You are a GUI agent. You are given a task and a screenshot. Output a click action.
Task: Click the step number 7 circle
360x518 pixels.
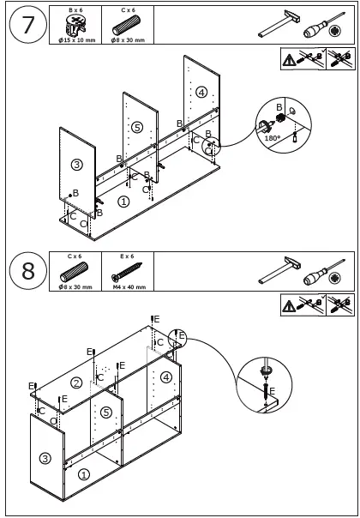tap(27, 25)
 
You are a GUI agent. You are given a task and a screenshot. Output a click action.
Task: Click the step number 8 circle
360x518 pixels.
tap(27, 271)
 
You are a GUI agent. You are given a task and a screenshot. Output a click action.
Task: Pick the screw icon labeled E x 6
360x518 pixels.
tap(127, 272)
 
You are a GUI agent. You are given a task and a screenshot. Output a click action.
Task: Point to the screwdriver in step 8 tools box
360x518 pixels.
tap(324, 274)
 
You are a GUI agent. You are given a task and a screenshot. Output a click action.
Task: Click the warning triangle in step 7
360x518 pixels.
tap(289, 60)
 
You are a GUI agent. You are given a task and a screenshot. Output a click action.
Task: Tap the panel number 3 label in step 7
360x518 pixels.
tap(76, 164)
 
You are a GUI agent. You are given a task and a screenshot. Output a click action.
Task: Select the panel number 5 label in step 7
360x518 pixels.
tap(137, 127)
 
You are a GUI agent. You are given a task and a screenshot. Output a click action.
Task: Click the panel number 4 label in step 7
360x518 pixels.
tap(201, 92)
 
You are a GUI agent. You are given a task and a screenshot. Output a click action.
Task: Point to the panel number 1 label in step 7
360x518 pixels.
tap(123, 202)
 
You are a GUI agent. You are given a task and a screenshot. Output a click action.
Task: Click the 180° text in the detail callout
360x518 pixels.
tap(273, 138)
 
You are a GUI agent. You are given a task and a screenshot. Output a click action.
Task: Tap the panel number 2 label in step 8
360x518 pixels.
tap(76, 382)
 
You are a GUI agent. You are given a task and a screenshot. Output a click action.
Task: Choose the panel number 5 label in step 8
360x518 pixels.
tap(106, 413)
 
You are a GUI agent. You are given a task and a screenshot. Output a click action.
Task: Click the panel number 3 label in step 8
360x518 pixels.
tap(45, 458)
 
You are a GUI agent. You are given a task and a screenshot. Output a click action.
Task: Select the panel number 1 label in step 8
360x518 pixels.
tap(83, 475)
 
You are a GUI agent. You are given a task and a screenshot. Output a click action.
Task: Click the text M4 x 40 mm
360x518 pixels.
tap(129, 287)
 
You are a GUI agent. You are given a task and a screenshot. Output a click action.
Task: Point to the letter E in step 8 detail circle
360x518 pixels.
tap(273, 391)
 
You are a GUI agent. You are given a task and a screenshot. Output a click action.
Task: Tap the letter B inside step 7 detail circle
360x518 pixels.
tap(279, 107)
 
